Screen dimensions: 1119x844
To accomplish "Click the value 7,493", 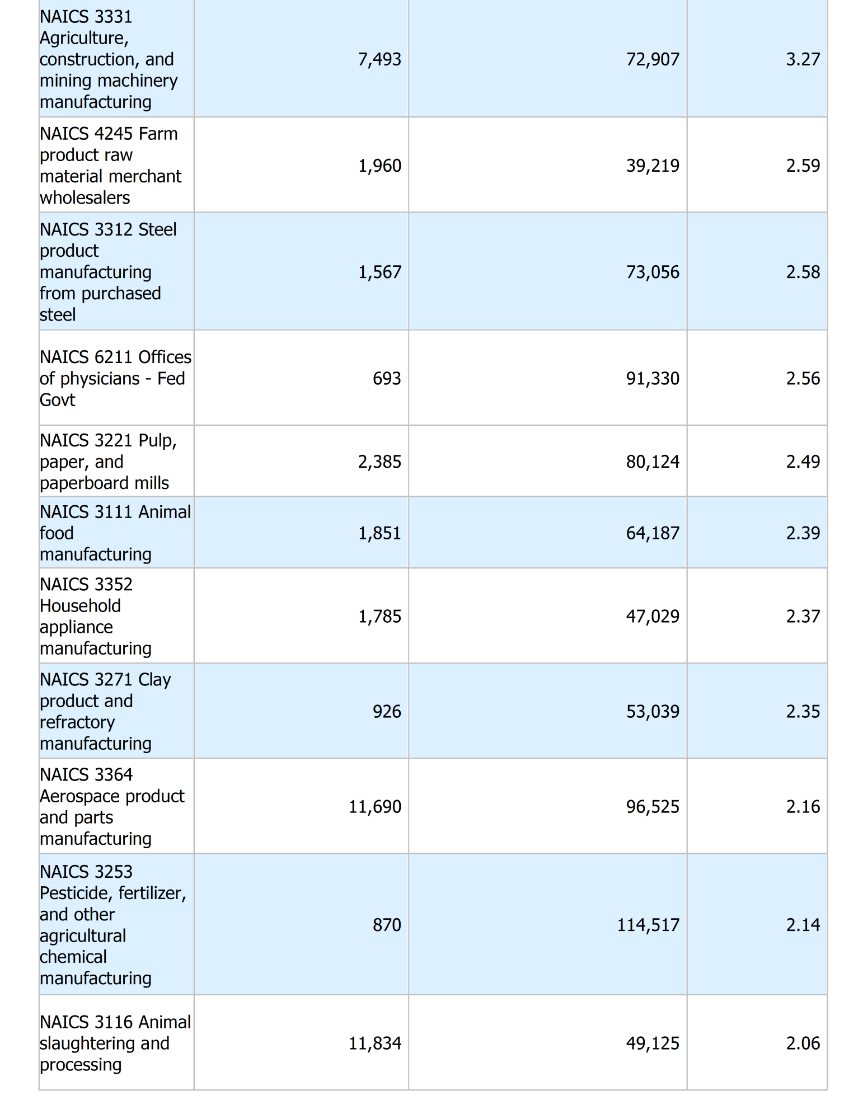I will tap(379, 59).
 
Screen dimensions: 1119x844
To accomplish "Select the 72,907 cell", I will tap(653, 59).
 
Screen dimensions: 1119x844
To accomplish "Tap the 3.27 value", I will tap(803, 59).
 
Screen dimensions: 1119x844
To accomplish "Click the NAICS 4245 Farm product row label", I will tap(110, 165).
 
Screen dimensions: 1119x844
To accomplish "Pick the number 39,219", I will tap(653, 166).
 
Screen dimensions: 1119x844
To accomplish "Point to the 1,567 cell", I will tap(379, 272).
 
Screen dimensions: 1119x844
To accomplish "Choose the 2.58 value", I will tap(803, 272).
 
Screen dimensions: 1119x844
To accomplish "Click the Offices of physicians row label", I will tap(115, 378).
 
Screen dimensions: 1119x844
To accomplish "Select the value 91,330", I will tap(653, 378).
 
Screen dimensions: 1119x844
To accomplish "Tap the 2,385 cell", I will tap(379, 462).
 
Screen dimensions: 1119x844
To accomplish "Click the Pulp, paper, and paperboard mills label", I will tap(108, 462).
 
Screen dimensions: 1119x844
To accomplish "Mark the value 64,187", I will tap(653, 533).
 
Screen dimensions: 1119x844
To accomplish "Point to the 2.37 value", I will tap(803, 616).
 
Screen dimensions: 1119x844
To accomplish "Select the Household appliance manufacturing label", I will tap(95, 616).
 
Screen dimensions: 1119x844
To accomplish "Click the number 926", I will tap(387, 711).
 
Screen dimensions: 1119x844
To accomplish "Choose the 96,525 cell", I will tap(653, 806).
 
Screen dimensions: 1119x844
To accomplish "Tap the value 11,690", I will tap(375, 806).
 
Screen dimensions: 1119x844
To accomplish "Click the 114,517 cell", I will tap(648, 925).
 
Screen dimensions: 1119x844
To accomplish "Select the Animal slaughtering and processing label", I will tap(115, 1043).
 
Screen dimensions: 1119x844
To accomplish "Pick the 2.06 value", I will tap(803, 1043).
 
